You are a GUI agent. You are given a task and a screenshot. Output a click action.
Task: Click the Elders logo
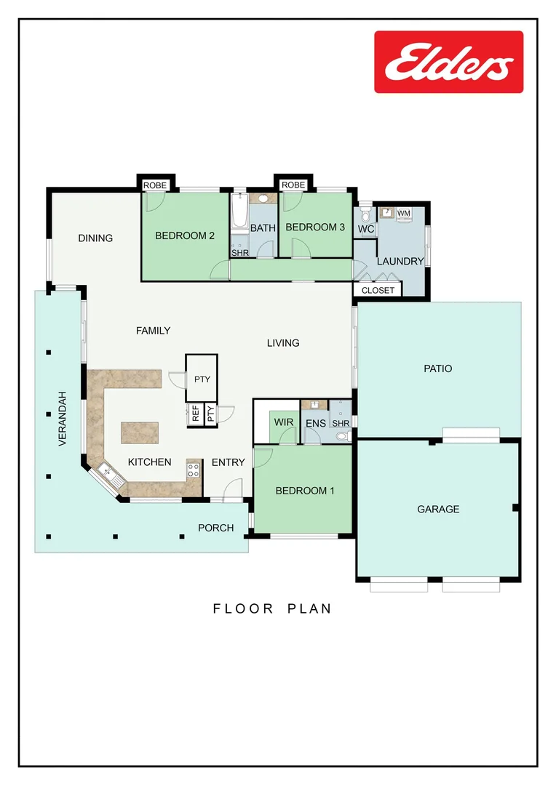coord(448,62)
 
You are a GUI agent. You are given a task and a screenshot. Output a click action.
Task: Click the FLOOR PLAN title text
coord(272,608)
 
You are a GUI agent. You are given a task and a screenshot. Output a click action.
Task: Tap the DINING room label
coord(95,238)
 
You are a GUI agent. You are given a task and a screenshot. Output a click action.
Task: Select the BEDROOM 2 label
coord(184,235)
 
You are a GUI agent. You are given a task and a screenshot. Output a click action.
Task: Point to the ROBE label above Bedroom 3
coord(293,185)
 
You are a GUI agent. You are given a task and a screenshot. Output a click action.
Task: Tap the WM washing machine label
coord(404,212)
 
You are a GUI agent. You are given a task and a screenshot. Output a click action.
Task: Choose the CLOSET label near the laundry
coord(378,290)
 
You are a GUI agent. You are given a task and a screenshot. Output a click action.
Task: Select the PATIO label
coord(437,369)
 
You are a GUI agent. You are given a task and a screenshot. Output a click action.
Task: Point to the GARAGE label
coord(438,510)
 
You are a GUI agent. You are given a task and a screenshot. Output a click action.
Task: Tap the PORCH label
coord(216,528)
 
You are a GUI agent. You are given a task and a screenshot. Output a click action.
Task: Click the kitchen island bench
coord(140,433)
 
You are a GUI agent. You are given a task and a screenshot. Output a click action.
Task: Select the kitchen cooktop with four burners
coord(194,470)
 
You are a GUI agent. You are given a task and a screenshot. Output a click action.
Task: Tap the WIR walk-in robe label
coord(282,422)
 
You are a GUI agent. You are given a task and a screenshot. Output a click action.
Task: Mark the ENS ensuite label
coord(315,422)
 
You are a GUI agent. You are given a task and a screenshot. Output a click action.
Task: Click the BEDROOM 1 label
coord(304,491)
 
